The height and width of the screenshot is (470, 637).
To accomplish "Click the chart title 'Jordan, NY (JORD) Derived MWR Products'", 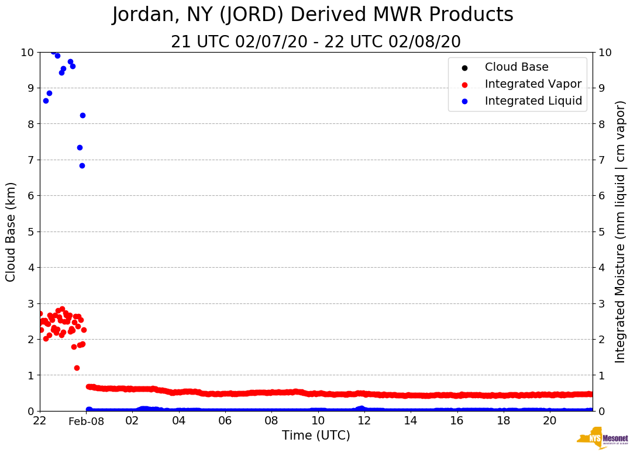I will click(312, 15).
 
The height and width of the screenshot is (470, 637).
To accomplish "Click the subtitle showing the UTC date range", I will click(316, 42).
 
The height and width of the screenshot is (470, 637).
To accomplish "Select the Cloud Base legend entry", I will click(517, 67).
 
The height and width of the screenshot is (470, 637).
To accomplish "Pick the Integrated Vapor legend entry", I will click(533, 84).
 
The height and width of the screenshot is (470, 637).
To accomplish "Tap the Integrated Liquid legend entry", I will click(533, 101).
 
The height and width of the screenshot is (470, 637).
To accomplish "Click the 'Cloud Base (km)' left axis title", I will click(11, 231).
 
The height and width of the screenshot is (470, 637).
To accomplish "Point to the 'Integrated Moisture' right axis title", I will click(621, 231).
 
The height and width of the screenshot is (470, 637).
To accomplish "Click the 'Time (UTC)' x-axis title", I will click(316, 436).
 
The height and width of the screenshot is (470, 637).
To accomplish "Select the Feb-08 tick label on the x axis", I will click(86, 421).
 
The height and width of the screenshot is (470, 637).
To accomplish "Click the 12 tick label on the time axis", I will click(364, 421).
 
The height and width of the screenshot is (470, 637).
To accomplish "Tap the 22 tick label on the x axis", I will click(40, 421).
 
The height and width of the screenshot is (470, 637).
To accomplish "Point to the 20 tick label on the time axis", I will click(550, 421).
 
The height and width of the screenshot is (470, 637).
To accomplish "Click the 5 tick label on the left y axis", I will click(30, 231).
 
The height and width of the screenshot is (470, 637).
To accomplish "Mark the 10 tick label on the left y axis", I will click(27, 52).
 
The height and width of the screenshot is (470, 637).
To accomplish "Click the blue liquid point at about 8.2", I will click(82, 115).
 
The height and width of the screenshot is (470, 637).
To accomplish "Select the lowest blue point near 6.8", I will click(82, 165).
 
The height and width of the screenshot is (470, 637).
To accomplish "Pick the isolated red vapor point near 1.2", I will click(77, 368).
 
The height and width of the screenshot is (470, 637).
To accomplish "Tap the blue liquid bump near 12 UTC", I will click(361, 408).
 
